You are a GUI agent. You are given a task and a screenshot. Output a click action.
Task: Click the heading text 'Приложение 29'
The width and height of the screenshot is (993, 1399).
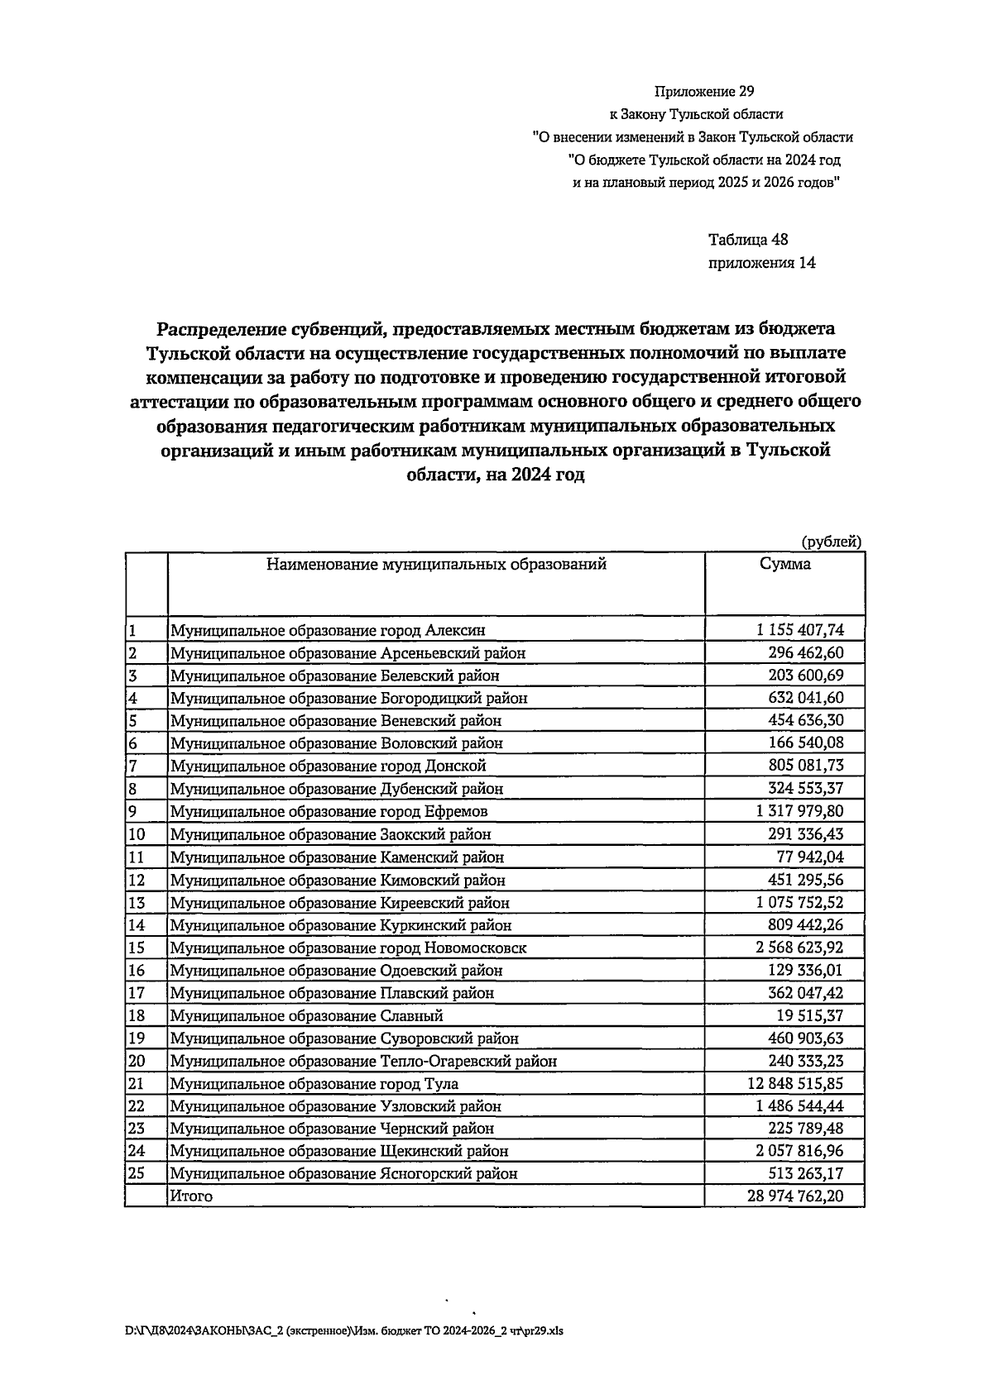(704, 91)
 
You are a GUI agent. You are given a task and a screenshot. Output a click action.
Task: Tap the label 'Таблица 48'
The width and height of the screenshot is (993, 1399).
(748, 241)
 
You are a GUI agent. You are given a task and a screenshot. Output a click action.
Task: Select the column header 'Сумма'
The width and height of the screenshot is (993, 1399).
(784, 565)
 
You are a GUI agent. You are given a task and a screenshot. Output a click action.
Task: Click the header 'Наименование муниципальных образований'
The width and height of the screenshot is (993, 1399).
(436, 565)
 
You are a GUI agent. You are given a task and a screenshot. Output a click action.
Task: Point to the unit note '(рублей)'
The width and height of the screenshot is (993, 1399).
(832, 542)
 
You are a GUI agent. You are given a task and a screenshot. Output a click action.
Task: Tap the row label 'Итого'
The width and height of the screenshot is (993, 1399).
(191, 1196)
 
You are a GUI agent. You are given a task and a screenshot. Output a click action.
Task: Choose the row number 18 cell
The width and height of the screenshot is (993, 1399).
(137, 1015)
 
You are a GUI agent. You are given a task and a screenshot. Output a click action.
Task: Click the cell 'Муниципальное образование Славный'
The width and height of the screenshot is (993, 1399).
(307, 1015)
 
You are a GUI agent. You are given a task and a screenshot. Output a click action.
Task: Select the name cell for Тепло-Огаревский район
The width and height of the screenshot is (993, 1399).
(363, 1061)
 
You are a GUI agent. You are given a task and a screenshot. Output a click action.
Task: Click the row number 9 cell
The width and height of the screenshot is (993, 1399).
(132, 811)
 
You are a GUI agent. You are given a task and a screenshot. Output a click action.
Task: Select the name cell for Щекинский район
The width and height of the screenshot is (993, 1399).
(339, 1151)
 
